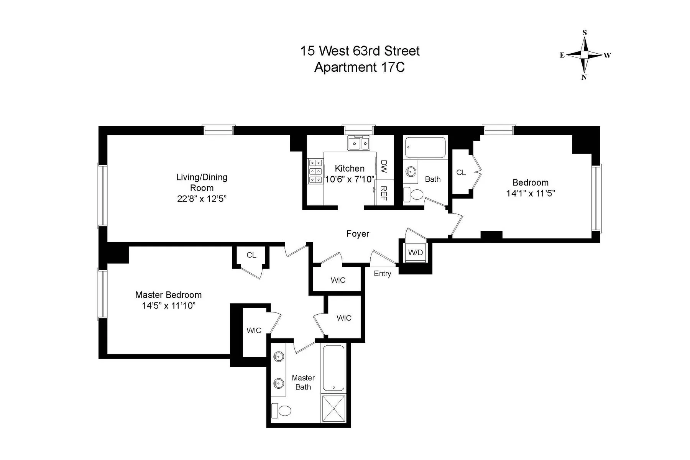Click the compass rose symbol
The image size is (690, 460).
[x=585, y=55]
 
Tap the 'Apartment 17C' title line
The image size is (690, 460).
[x=360, y=67]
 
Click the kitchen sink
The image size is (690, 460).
[x=359, y=143]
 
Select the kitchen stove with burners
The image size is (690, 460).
[x=315, y=171]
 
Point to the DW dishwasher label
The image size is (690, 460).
[x=384, y=166]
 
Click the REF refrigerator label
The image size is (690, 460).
[x=384, y=193]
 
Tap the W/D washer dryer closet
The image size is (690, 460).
[x=416, y=253]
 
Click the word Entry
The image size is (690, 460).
[x=382, y=273]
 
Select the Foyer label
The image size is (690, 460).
[x=358, y=234]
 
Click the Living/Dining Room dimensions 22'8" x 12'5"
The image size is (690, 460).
[x=202, y=199]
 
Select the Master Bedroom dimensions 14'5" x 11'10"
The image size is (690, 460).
[x=168, y=306]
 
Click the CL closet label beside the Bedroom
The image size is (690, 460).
[x=461, y=172]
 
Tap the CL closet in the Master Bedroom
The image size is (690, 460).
[x=251, y=255]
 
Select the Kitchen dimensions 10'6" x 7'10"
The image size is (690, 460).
[x=349, y=179]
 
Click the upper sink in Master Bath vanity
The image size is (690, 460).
[x=278, y=357]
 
